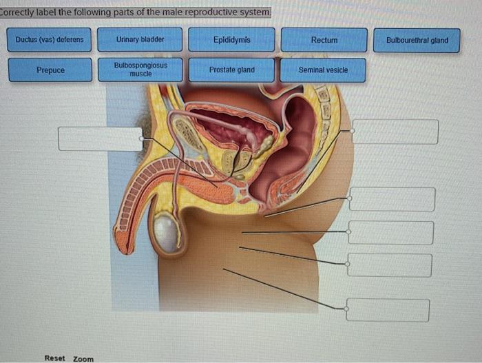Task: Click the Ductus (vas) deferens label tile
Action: (x=50, y=40)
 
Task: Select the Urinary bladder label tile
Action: (x=140, y=40)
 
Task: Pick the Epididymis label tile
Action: (x=231, y=40)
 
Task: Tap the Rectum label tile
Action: (x=324, y=40)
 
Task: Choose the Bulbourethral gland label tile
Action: (x=417, y=40)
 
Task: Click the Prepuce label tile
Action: (x=50, y=70)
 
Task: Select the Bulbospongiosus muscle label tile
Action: (x=140, y=70)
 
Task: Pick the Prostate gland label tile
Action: (x=231, y=70)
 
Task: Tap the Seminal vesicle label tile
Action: (x=323, y=70)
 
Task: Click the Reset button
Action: (x=54, y=358)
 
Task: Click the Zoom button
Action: (x=83, y=359)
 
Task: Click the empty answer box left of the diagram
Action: (x=100, y=138)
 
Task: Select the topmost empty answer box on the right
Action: (x=395, y=132)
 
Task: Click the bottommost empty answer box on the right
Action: (x=388, y=309)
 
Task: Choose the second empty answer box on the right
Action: (x=392, y=199)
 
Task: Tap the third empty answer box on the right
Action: (x=390, y=233)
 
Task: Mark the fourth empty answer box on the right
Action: (x=390, y=265)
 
